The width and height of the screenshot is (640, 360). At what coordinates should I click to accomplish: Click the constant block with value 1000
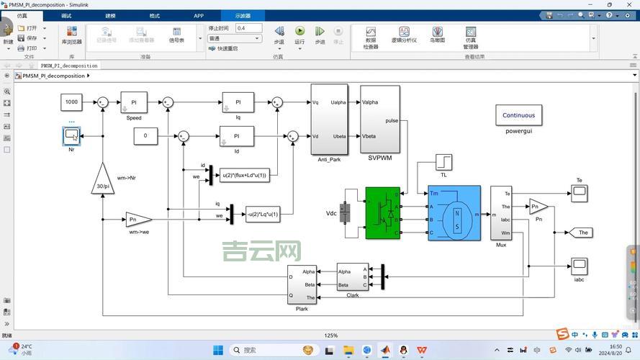point(72,102)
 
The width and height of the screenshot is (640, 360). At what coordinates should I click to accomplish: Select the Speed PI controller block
point(134,102)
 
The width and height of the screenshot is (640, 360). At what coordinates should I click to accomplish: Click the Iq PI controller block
point(238,102)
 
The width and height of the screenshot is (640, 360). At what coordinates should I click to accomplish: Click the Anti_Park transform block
point(329,119)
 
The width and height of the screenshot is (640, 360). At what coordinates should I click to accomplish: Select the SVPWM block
point(379,119)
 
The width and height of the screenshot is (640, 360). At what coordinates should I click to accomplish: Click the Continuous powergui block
point(518,115)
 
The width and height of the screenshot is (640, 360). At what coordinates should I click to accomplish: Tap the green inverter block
point(382,213)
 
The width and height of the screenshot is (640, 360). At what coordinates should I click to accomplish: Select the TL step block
point(443,162)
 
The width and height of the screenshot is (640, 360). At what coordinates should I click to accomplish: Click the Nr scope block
point(71,135)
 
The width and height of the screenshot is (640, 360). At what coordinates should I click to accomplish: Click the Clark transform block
point(353,276)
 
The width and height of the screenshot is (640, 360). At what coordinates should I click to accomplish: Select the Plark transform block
point(302,285)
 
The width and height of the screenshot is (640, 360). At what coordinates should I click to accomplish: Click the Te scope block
point(580,192)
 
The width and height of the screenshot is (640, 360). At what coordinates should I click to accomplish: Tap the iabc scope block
point(580,265)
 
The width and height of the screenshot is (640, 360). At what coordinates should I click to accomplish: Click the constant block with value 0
point(145,135)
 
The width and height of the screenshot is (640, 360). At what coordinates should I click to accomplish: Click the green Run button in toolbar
point(299,31)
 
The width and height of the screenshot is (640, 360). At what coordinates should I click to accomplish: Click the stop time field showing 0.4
point(248,28)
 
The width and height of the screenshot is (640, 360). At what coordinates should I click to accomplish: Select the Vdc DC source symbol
point(345,212)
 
